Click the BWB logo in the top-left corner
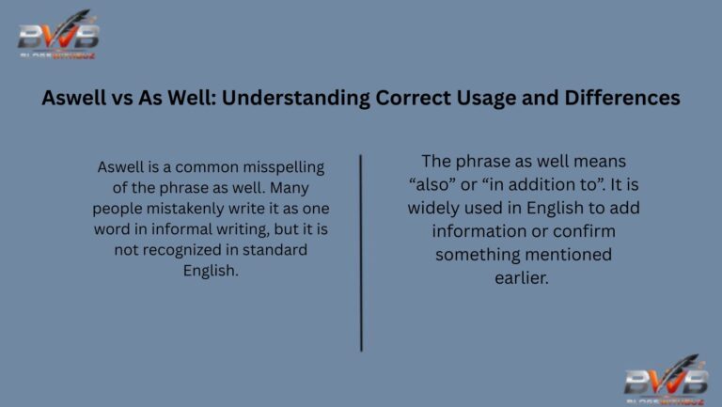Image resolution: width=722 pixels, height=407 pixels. pos(58,36)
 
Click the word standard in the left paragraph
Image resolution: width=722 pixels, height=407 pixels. pos(276,250)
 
